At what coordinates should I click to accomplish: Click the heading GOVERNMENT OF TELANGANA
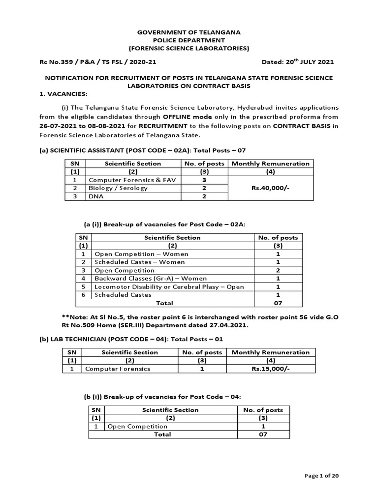[189, 31]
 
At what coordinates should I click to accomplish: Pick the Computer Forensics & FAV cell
[127, 180]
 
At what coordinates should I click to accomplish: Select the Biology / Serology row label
[111, 188]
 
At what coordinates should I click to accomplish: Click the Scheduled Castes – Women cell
[132, 262]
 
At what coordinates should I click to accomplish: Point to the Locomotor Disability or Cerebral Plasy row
[169, 286]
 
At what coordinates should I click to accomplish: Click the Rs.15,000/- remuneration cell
[270, 368]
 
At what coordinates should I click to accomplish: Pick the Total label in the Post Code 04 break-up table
[162, 435]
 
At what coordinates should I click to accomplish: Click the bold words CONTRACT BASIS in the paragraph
[301, 126]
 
